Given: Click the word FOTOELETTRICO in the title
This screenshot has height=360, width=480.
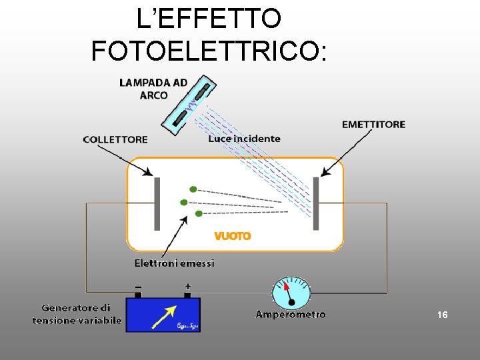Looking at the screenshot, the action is pos(209,50).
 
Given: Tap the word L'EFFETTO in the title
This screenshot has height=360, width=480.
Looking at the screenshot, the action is pos(209,18).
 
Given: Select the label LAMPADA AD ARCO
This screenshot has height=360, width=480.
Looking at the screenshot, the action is pos(153,89).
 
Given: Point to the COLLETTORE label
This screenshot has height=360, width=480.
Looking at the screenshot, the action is pos(115,139).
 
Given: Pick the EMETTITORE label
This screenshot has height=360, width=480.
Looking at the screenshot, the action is pos(373,124).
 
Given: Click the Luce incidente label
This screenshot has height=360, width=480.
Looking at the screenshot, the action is pos(244,139).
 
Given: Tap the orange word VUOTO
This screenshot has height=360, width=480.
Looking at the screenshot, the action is pos(233,236).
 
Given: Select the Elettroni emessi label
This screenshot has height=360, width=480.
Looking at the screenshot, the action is pos(175,263).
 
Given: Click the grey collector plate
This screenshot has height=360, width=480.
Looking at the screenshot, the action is pos(157,203).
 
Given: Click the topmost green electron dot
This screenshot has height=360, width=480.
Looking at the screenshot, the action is pos(193,189).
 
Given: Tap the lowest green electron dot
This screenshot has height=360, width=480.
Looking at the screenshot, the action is pos(199,213).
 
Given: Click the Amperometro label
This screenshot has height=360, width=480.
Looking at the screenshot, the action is pos(291,314).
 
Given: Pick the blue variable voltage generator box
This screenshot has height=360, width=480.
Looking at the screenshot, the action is pos(163,314).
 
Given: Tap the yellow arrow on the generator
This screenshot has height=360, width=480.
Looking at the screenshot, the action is pos(164,316).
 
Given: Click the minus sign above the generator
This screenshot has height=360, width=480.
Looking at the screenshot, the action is pos(138,285).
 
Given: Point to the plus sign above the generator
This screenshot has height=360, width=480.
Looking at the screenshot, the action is pos(187,285).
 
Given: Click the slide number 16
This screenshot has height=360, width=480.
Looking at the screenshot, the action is pos(442,314).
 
